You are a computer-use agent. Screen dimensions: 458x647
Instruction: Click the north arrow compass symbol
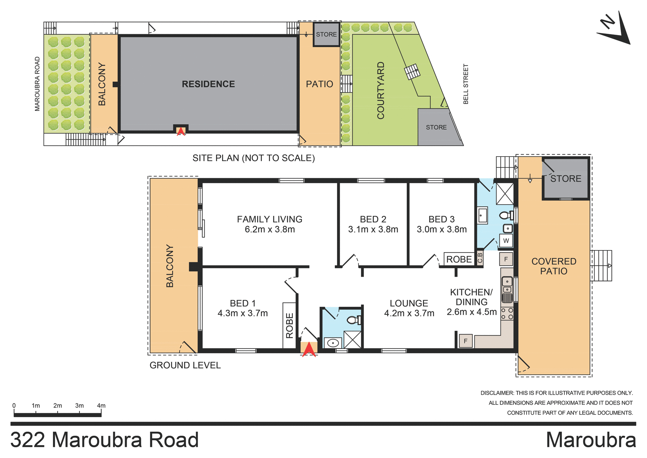coord(614,30)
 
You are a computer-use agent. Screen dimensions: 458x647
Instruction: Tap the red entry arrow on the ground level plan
coord(309,350)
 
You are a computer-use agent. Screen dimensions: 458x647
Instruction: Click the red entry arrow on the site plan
coord(181,131)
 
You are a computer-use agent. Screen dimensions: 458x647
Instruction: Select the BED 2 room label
coord(373,219)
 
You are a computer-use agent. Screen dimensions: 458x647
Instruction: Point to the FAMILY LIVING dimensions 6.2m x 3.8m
coord(270,230)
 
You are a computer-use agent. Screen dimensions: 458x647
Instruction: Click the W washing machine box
coord(506,241)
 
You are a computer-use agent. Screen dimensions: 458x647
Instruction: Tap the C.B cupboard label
coord(480,258)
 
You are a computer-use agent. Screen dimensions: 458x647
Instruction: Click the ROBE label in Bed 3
coord(459,259)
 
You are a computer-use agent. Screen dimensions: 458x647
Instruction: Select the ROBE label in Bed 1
coord(289,325)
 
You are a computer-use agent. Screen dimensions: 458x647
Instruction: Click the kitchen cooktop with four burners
coord(507,313)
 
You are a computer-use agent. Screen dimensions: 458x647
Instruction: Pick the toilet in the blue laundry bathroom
coord(505,215)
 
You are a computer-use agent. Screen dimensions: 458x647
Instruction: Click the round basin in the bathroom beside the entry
coord(333,343)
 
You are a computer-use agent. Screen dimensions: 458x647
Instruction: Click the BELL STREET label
coord(466,84)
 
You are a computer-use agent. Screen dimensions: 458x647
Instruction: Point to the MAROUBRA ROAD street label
coord(37,84)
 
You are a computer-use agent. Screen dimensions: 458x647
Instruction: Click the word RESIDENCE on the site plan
coord(208,84)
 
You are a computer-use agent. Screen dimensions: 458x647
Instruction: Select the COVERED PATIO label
coord(554,266)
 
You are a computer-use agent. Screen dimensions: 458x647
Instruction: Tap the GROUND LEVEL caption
coord(185,365)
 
